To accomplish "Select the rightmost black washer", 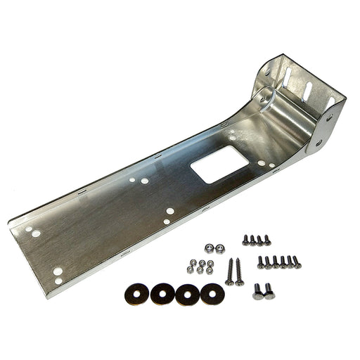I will click(212, 292).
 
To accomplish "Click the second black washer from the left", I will click(162, 293).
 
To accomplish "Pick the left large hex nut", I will click(209, 247).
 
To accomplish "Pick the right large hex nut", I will click(219, 247).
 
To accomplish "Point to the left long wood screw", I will click(230, 271).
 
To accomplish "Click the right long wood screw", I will click(240, 272).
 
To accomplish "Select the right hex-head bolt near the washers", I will click(269, 290).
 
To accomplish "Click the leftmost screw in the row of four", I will click(246, 240).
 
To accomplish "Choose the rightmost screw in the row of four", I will click(268, 241).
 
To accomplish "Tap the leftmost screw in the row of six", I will click(261, 262).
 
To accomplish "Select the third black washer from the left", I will click(187, 293).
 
